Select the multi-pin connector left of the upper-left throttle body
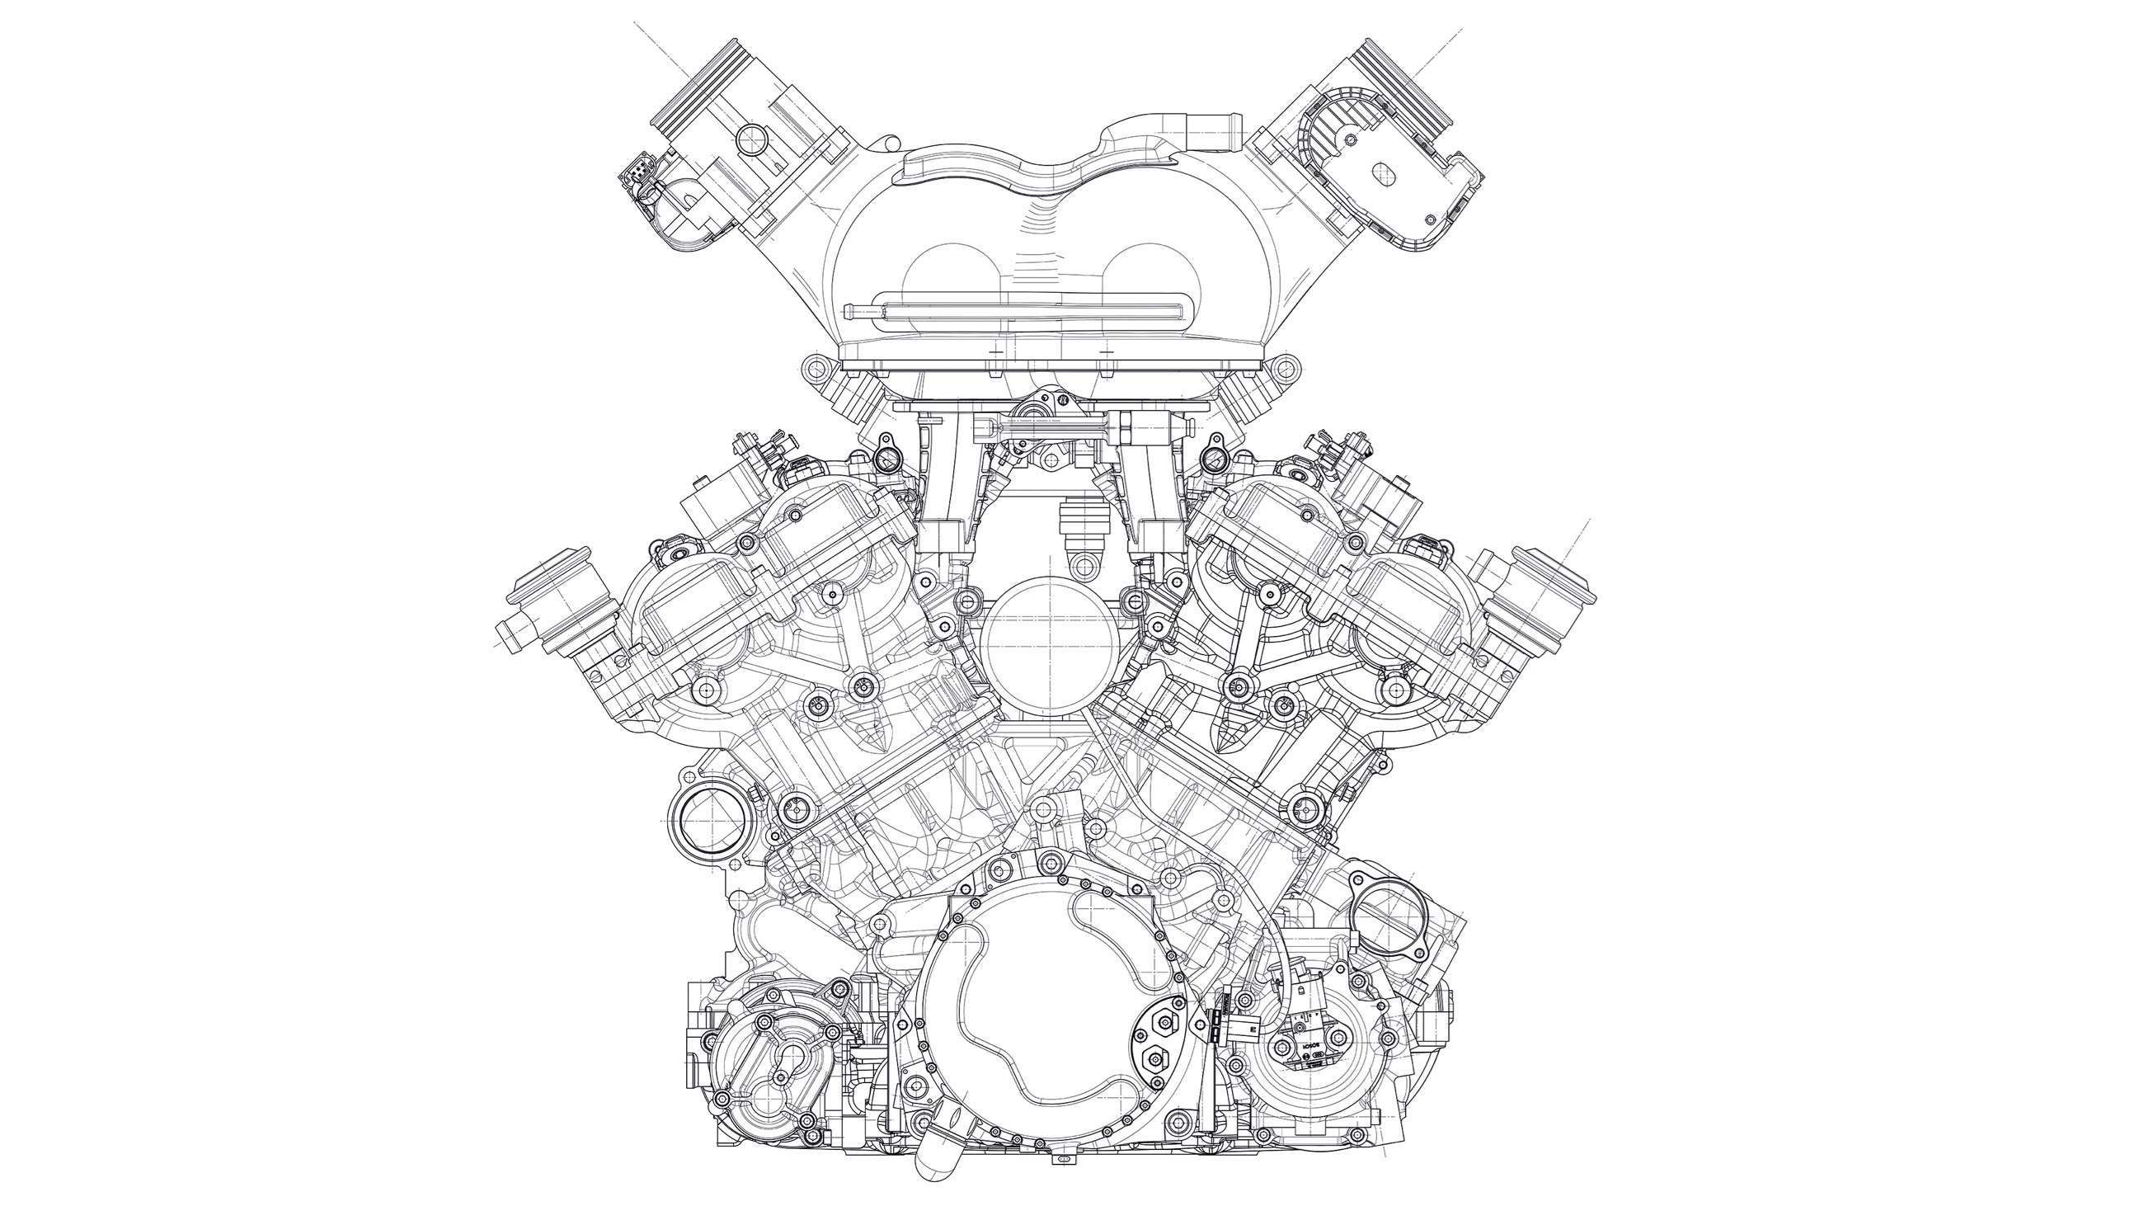pyautogui.click(x=634, y=177)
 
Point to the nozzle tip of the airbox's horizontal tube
pyautogui.click(x=851, y=311)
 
